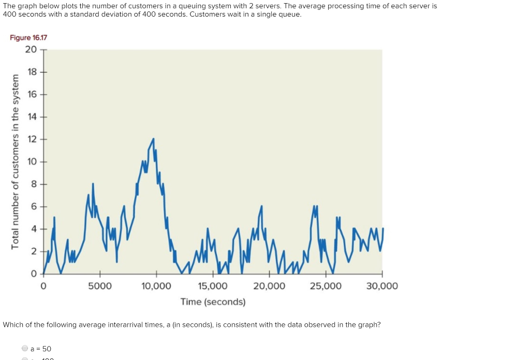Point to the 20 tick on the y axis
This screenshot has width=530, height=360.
pyautogui.click(x=31, y=50)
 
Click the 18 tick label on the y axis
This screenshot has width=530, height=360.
pyautogui.click(x=32, y=71)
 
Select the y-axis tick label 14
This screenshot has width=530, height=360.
pyautogui.click(x=32, y=117)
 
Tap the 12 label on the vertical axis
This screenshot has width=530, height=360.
pyautogui.click(x=32, y=139)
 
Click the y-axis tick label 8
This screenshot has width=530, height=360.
pyautogui.click(x=34, y=184)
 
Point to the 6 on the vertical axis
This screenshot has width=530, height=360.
pyautogui.click(x=34, y=206)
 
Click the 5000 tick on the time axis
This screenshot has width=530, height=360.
pyautogui.click(x=99, y=286)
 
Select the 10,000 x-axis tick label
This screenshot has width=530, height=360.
pyautogui.click(x=156, y=286)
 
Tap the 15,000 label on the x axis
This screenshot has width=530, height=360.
pyautogui.click(x=212, y=286)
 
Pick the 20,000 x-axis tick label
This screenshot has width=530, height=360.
pyautogui.click(x=269, y=286)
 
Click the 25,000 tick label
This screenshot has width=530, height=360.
pyautogui.click(x=326, y=286)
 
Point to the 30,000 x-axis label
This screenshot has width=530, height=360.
pyautogui.click(x=382, y=286)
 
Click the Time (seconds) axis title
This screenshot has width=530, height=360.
pyautogui.click(x=213, y=301)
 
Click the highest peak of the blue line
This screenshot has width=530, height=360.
pyautogui.click(x=153, y=139)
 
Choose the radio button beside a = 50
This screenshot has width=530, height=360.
pyautogui.click(x=24, y=349)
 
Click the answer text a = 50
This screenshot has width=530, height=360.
pyautogui.click(x=41, y=349)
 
